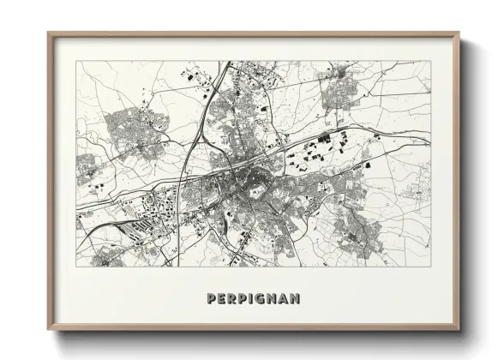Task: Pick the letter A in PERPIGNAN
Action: coord(284,299)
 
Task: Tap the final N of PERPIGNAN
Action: coord(296,299)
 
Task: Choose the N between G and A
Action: coord(273,299)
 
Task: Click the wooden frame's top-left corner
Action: coord(49,34)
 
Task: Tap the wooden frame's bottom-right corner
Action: coord(459,329)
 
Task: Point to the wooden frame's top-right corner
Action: coord(459,34)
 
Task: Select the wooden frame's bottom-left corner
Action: coord(49,329)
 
